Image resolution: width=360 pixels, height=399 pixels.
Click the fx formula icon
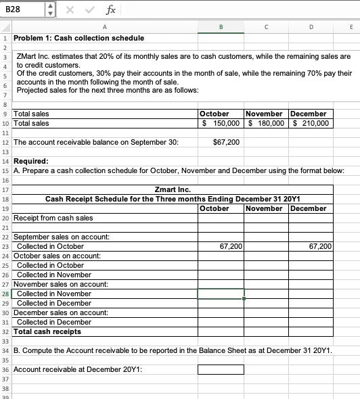110,9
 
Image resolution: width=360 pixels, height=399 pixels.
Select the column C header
265,28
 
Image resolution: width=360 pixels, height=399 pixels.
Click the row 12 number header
5,143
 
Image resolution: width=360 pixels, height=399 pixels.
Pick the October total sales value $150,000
221,123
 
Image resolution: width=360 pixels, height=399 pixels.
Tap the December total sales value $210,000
311,123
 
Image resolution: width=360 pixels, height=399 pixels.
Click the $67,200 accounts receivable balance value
225,143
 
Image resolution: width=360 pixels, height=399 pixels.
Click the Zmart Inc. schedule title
173,190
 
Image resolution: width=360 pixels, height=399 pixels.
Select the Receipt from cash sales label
53,218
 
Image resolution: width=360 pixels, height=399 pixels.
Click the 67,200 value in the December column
319,247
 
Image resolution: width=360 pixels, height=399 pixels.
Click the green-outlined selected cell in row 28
221,294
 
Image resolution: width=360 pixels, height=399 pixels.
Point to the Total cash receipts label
47,332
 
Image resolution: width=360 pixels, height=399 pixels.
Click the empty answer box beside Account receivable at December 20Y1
221,370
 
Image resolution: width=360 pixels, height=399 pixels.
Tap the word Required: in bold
31,162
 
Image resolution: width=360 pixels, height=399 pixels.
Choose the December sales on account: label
60,313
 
